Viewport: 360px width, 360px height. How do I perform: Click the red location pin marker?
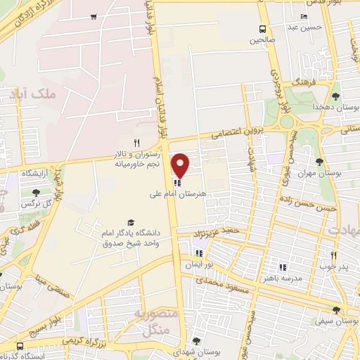click(x=180, y=165)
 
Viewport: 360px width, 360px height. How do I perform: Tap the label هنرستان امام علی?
click(x=176, y=193)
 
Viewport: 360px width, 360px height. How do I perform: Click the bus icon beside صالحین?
click(x=262, y=29)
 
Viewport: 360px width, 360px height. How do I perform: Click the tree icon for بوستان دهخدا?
click(x=336, y=96)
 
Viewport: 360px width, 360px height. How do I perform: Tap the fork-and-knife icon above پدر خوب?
click(x=333, y=255)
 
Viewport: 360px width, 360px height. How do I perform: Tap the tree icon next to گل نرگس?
click(x=37, y=193)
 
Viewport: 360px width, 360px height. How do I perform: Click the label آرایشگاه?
click(x=35, y=172)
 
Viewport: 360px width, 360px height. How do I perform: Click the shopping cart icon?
click(x=94, y=17)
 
